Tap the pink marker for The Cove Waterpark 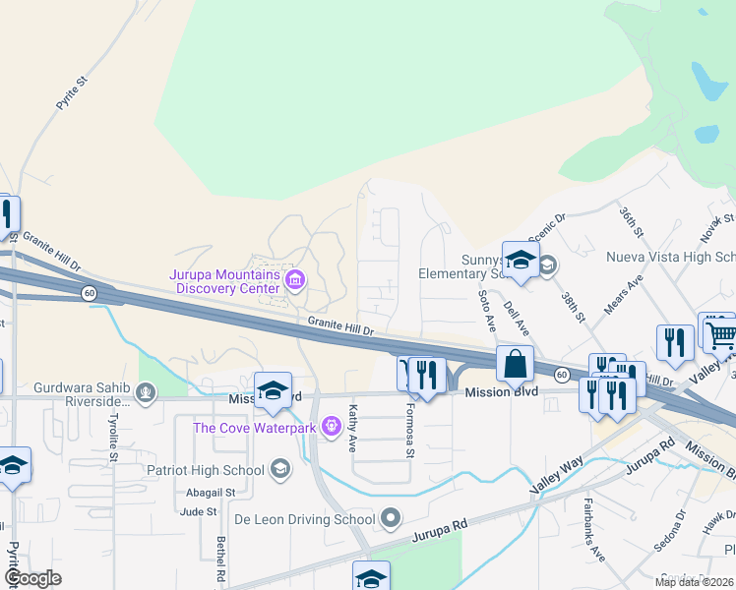click(330, 428)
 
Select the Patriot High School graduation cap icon click(280, 468)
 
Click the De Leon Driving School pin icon click(392, 518)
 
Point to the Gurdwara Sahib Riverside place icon click(146, 394)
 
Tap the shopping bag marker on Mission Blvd click(515, 365)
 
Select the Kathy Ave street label click(352, 426)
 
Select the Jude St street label click(198, 511)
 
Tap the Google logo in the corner click(31, 578)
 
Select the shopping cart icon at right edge click(719, 335)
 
